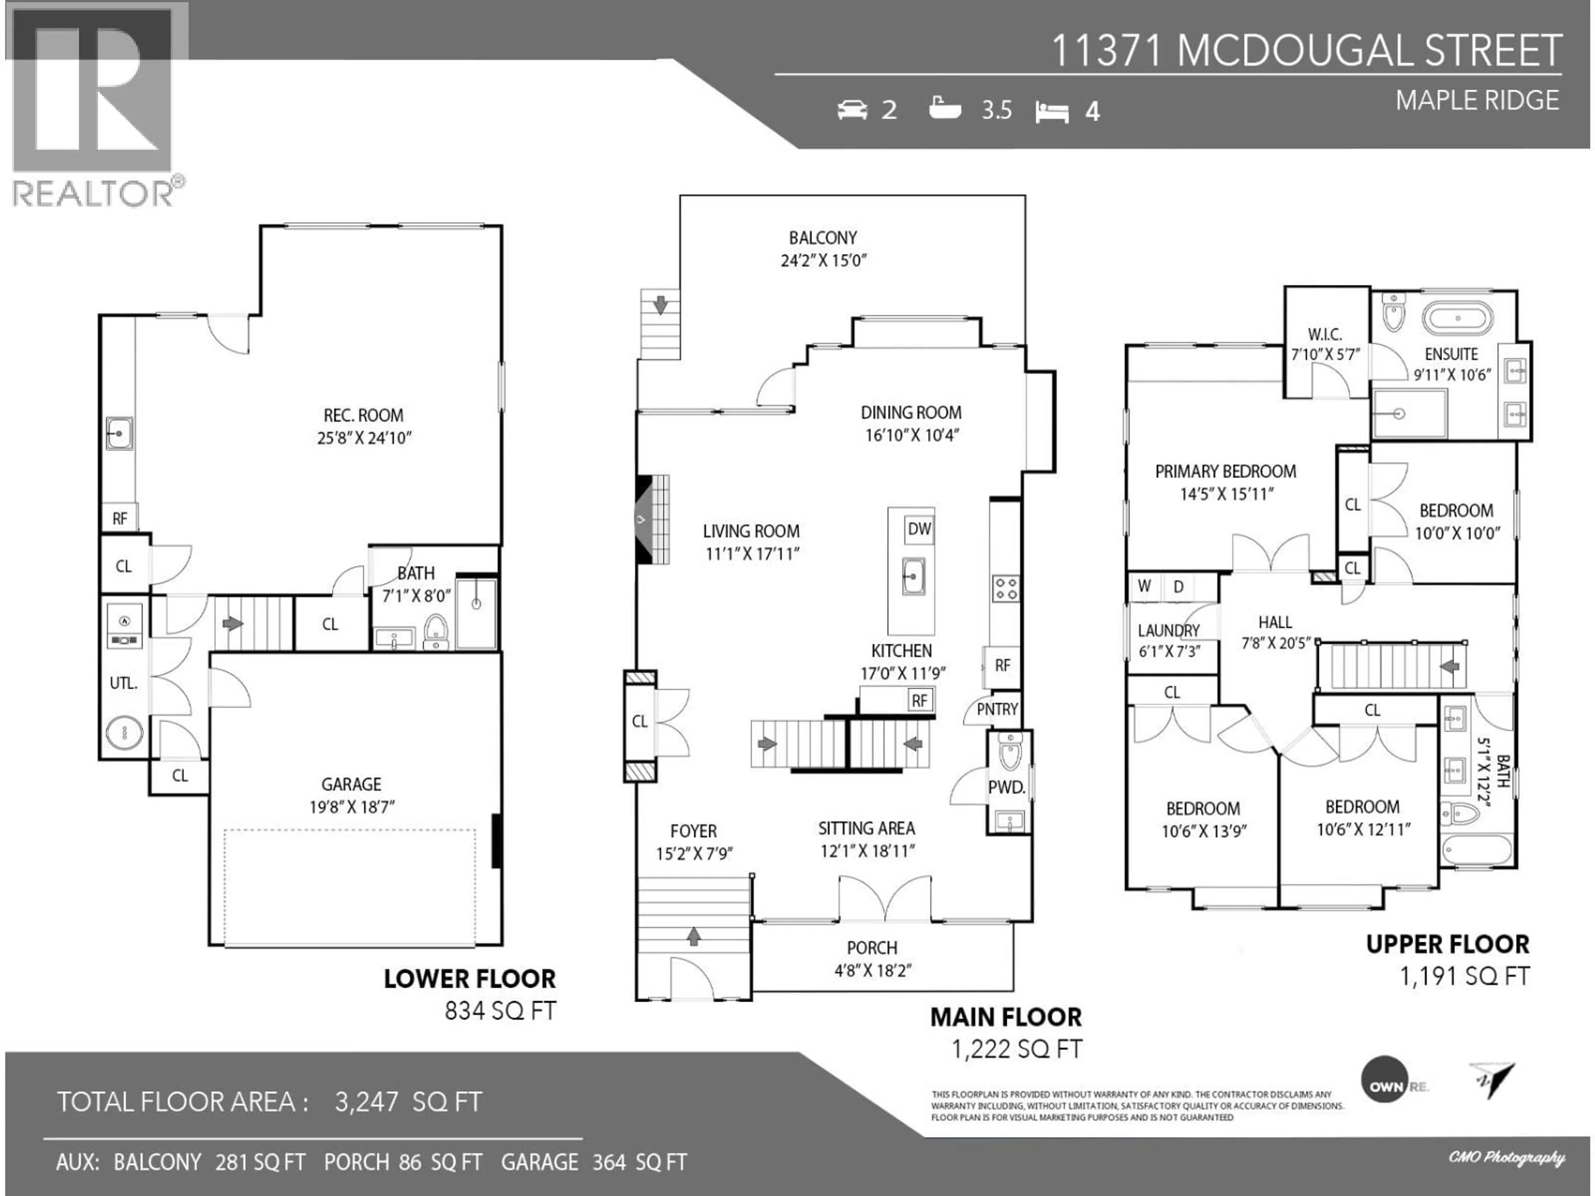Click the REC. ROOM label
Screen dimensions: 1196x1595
(363, 415)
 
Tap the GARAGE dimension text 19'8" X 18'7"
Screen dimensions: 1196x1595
(352, 807)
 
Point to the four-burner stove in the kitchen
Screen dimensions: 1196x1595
(1005, 588)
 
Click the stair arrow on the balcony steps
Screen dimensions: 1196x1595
(660, 304)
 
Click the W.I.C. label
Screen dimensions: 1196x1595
(1325, 334)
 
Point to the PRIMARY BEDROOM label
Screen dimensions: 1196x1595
(1225, 471)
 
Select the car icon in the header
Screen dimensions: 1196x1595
(851, 110)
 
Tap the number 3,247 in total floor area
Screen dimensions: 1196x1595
(366, 1102)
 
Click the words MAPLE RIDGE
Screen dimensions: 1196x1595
(1477, 100)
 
